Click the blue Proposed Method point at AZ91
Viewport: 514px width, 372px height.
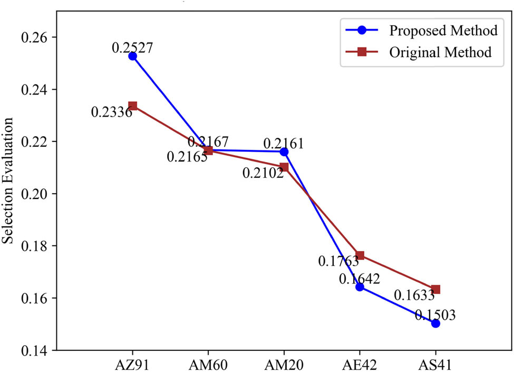pos(132,56)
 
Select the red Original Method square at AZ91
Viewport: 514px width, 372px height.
pos(132,106)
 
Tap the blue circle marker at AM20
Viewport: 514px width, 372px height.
pos(284,152)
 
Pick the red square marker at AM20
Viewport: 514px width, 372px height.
pos(284,167)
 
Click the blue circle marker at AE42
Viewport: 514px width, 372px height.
pos(360,287)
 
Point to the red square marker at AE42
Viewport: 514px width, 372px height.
pos(360,255)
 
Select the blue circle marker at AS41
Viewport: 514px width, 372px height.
pos(435,323)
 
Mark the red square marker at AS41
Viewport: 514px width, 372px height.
pos(435,289)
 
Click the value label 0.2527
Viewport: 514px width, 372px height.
pos(132,47)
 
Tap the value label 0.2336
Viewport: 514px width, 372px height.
pos(111,112)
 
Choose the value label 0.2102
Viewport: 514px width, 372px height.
pos(263,173)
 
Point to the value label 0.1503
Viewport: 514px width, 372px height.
pos(435,315)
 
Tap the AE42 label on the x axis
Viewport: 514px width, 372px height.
pos(360,365)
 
